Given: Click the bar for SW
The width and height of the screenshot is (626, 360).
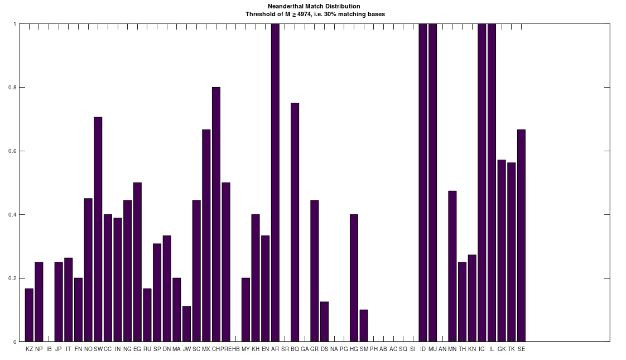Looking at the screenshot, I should [x=98, y=229].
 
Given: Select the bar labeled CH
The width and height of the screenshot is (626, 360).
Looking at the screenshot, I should [x=216, y=214].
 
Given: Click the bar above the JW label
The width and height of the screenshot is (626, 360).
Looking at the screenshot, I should [x=186, y=324].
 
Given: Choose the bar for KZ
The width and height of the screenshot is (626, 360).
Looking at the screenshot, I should [x=29, y=315].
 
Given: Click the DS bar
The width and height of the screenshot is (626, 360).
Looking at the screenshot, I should [x=324, y=321].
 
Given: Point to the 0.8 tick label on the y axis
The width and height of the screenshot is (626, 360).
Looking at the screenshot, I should [x=14, y=88].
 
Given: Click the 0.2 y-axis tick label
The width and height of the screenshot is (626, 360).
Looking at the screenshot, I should [x=14, y=278].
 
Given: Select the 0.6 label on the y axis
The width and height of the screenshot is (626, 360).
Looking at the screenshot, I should [x=14, y=151].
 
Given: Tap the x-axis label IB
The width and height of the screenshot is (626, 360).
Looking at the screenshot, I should [x=49, y=349].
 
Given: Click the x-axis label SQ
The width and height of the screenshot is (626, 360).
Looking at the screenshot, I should [x=403, y=349].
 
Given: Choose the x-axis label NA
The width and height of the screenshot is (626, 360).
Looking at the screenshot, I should [x=334, y=349].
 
